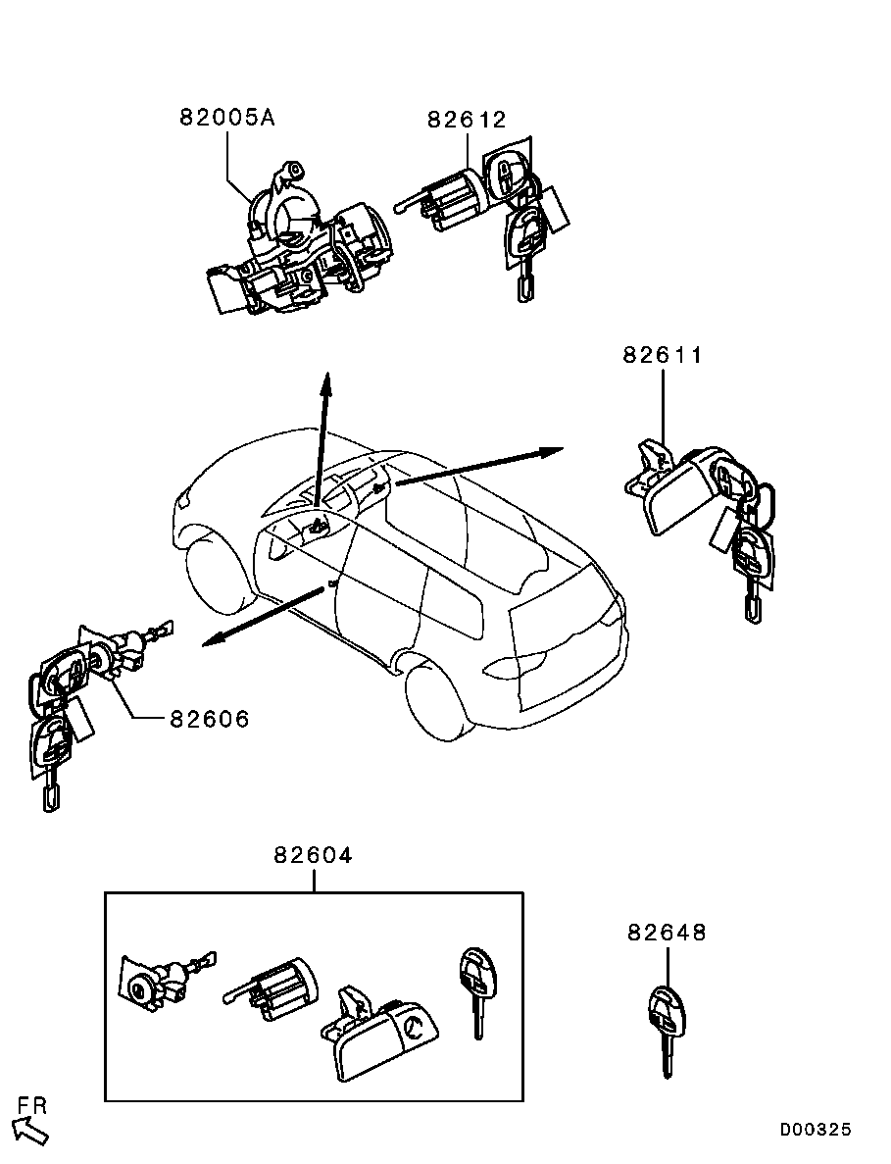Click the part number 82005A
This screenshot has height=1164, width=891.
click(x=227, y=118)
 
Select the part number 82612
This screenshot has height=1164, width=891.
click(x=467, y=120)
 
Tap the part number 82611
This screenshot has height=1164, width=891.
click(x=663, y=355)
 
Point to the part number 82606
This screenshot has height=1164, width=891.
click(x=210, y=719)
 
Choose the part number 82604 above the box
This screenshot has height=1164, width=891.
click(x=313, y=855)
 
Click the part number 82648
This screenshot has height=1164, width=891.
click(x=667, y=932)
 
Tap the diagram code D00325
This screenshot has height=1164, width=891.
click(x=816, y=1131)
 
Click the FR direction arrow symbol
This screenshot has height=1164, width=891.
click(x=32, y=1131)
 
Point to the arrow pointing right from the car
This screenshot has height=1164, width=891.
click(x=480, y=466)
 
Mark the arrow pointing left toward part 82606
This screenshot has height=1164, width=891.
click(x=264, y=617)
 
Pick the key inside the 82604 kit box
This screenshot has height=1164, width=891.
click(x=475, y=992)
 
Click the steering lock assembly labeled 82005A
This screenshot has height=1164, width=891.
click(x=301, y=237)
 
